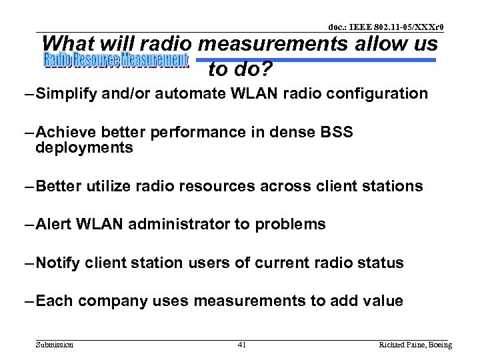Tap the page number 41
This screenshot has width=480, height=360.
241,345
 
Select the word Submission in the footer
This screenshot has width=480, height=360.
55,345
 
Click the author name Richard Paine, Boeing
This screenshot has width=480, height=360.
415,345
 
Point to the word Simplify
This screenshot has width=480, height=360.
66,94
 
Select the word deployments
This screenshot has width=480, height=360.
85,148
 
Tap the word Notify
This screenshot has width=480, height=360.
59,263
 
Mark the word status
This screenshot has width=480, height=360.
380,263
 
